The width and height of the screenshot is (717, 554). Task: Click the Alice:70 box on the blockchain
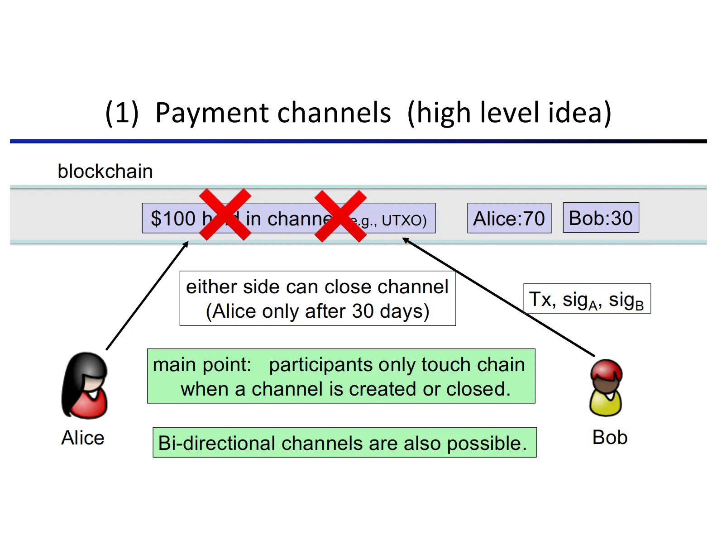(x=509, y=219)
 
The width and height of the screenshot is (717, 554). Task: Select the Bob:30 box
(x=601, y=218)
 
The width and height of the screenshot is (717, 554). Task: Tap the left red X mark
(x=225, y=215)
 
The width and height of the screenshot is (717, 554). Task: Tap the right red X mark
(x=340, y=216)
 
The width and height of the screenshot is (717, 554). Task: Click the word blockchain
(x=105, y=172)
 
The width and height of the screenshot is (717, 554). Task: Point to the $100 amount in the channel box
(x=173, y=219)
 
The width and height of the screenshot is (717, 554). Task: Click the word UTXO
(x=404, y=220)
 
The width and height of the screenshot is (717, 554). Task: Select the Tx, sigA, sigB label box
(x=587, y=299)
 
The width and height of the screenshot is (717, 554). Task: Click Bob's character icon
(x=606, y=388)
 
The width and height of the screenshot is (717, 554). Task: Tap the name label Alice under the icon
(x=83, y=438)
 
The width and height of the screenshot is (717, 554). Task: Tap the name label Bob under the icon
(x=610, y=437)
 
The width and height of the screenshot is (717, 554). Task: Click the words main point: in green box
(x=202, y=365)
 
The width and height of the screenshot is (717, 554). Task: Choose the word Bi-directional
(x=216, y=443)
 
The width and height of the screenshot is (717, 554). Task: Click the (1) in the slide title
(x=122, y=113)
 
